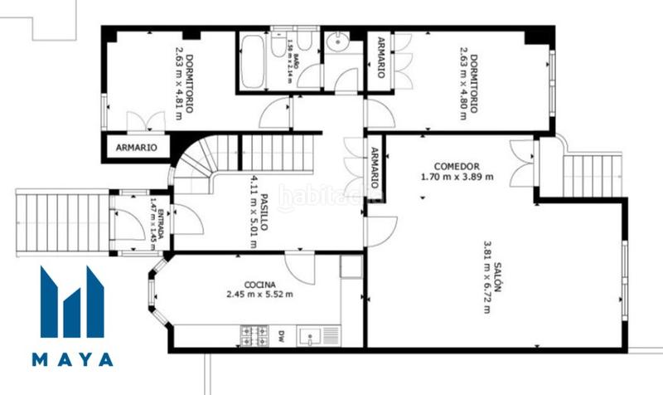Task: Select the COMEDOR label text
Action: (457, 165)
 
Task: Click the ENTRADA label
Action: (162, 222)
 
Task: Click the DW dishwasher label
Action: (282, 336)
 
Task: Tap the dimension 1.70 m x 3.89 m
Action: (457, 176)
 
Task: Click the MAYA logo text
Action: (74, 360)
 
